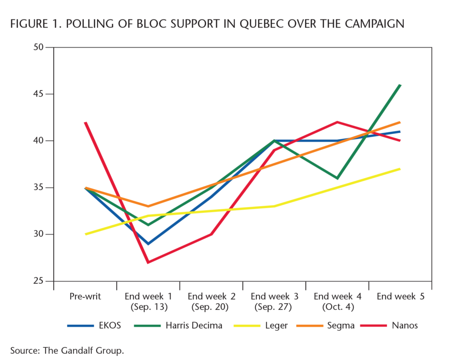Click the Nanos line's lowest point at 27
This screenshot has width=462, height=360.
tap(148, 262)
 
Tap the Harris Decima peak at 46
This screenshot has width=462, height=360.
tap(400, 85)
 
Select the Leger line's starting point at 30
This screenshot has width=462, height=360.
tap(85, 234)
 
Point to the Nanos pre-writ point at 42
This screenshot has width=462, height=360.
tap(85, 122)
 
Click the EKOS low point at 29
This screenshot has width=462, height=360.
tap(148, 244)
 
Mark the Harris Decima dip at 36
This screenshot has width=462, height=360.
tap(337, 178)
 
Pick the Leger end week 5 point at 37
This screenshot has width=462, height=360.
tap(400, 169)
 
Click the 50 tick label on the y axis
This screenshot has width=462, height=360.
tap(40, 47)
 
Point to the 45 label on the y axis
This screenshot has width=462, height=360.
tap(40, 94)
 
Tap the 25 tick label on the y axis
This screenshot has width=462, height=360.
tap(40, 281)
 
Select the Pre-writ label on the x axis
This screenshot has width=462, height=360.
tap(85, 296)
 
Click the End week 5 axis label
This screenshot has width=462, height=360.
tap(401, 296)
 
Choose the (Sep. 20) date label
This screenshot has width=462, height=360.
tap(211, 307)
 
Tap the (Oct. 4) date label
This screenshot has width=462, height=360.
tap(337, 307)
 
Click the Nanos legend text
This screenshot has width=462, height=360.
tap(405, 325)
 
